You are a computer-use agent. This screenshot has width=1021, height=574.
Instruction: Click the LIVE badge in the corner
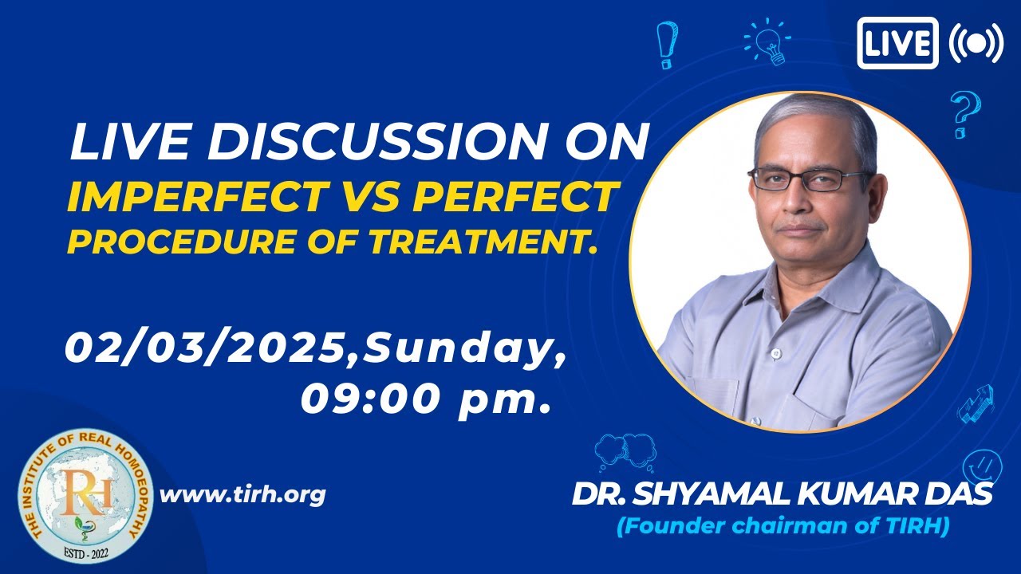tap(897, 42)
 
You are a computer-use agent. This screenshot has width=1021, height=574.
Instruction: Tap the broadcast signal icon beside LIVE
tap(976, 42)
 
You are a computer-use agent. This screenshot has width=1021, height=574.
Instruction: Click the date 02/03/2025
tap(208, 348)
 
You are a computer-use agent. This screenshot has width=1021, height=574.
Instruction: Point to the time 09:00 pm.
tap(427, 398)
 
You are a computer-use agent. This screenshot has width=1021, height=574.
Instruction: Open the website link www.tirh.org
tap(243, 494)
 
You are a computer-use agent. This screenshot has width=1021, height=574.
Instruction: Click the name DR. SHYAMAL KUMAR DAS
tap(782, 494)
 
